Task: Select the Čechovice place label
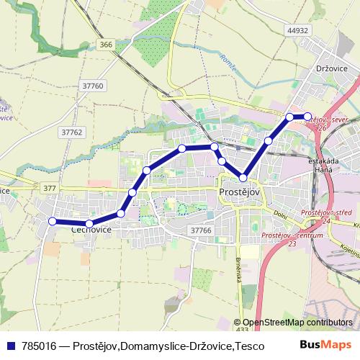(91, 230)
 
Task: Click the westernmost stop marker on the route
(52, 221)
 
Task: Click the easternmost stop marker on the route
(307, 116)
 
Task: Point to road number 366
(106, 45)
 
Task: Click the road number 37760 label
(94, 86)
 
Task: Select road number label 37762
(73, 132)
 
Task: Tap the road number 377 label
(50, 188)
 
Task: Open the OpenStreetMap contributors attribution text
(297, 322)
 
